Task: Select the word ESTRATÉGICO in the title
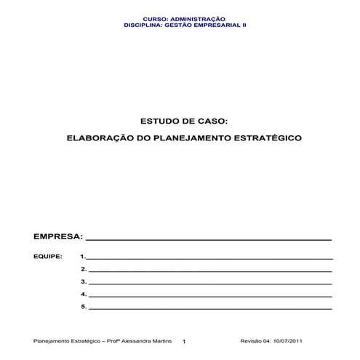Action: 261,137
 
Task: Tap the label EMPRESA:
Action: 57,236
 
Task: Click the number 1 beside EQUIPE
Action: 83,257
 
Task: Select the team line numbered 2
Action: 210,271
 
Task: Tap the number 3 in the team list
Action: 84,281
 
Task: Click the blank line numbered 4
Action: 210,296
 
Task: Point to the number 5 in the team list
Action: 84,307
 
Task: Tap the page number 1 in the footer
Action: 184,342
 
